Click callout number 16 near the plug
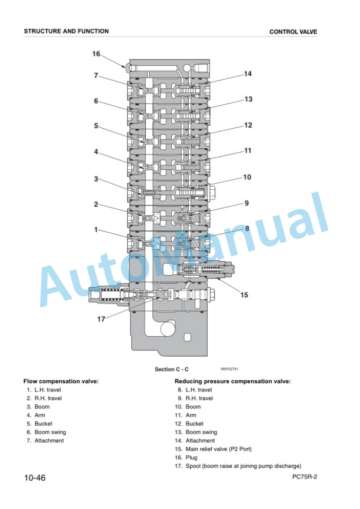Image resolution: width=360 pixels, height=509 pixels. [96, 53]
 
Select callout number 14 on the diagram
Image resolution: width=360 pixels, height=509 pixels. [248, 73]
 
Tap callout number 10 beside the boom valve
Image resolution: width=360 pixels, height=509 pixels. [247, 177]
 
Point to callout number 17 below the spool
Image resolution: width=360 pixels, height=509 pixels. [101, 319]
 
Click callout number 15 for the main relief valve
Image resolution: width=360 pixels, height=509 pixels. [244, 294]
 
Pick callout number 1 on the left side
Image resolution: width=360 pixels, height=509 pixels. [96, 230]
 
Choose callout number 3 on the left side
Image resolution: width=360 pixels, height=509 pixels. [96, 179]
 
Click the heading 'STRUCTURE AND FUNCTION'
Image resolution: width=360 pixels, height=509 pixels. [66, 31]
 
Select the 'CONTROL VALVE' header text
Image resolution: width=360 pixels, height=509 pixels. [293, 32]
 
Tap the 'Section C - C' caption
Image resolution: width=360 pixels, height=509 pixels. [172, 369]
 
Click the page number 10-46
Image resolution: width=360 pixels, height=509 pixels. [35, 478]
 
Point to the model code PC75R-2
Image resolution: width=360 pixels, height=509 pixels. [305, 477]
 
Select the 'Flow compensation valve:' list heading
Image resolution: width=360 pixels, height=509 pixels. [61, 381]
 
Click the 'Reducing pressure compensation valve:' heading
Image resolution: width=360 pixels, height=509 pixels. [232, 381]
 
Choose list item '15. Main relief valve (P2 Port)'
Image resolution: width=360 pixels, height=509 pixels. [213, 449]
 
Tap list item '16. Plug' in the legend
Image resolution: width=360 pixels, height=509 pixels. [186, 457]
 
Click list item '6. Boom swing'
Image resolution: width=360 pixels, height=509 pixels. [46, 432]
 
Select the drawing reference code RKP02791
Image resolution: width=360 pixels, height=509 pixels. [229, 369]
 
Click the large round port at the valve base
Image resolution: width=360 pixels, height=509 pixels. [168, 329]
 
